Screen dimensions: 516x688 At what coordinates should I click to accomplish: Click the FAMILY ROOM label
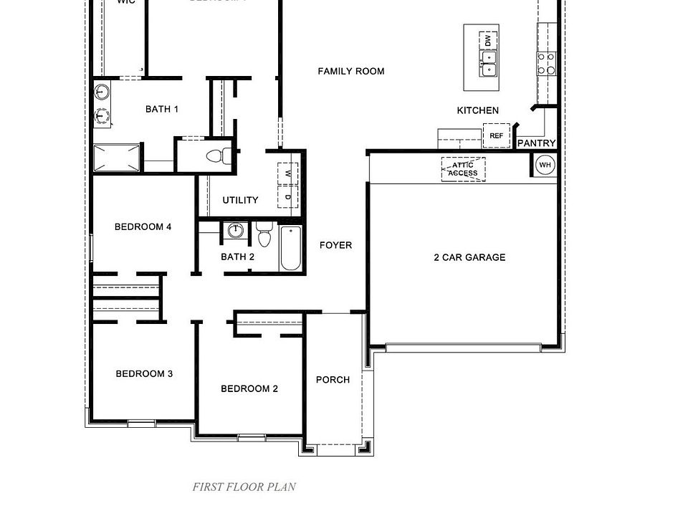click(350, 71)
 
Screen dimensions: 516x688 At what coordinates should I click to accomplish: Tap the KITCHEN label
click(477, 110)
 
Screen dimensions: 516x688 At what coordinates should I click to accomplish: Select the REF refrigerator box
click(496, 135)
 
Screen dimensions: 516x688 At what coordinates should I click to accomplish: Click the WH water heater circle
click(545, 165)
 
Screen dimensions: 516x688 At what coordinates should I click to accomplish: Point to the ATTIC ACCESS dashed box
click(463, 169)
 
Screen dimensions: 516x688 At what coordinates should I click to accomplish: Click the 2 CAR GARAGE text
click(469, 257)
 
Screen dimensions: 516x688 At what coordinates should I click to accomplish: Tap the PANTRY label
click(536, 143)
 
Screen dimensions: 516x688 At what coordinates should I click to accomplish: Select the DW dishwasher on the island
click(488, 40)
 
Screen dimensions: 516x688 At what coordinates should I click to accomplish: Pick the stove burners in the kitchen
click(546, 63)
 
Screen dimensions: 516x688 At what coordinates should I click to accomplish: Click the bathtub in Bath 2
click(290, 248)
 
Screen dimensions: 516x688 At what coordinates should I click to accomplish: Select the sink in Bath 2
click(234, 231)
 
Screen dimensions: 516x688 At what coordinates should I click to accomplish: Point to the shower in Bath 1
click(118, 158)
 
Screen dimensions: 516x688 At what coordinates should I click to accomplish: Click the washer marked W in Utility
click(288, 173)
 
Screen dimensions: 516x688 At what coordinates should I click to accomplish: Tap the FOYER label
click(335, 245)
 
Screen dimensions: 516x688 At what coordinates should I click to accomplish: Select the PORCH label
click(333, 379)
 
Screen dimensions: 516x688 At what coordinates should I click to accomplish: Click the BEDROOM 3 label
click(144, 373)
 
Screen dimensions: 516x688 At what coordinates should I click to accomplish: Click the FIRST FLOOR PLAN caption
click(244, 487)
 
